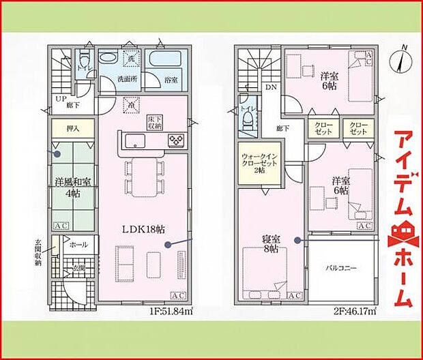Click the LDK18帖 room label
144,229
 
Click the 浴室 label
171,80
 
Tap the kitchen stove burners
176,141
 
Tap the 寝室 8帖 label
270,244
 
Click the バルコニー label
341,269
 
